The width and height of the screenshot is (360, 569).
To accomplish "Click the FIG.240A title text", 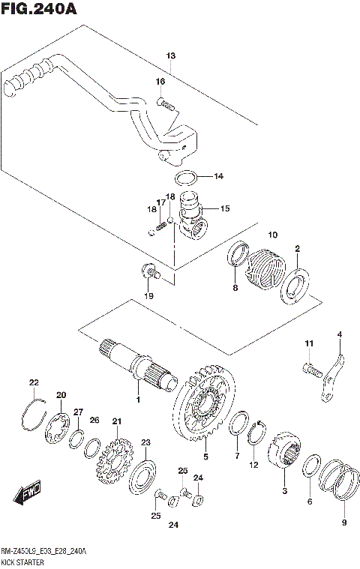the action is point(39,9).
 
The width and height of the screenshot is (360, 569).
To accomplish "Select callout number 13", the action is point(170,56).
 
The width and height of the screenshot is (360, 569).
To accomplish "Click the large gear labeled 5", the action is point(204,403).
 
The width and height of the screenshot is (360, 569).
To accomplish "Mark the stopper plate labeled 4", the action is point(333,379).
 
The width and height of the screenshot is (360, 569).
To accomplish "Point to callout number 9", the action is point(344,523).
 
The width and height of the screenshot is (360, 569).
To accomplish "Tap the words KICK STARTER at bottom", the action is point(22,562).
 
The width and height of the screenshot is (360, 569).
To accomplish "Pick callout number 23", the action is point(145,442).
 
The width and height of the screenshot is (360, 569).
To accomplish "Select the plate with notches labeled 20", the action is point(57,428).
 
